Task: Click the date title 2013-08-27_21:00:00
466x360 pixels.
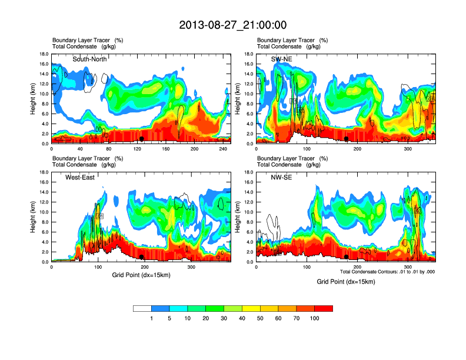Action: click(232, 25)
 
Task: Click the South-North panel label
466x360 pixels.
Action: click(90, 59)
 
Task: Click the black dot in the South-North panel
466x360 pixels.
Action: click(142, 139)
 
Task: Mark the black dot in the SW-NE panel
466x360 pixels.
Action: click(347, 139)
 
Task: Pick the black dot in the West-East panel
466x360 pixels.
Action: click(142, 257)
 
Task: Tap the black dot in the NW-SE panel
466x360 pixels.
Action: click(347, 257)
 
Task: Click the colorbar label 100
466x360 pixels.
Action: click(315, 318)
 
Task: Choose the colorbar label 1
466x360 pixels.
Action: click(151, 318)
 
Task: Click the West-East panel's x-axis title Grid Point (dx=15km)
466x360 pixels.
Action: click(141, 275)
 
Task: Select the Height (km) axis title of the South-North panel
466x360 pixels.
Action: click(34, 99)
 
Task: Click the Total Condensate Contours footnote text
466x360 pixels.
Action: click(387, 271)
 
